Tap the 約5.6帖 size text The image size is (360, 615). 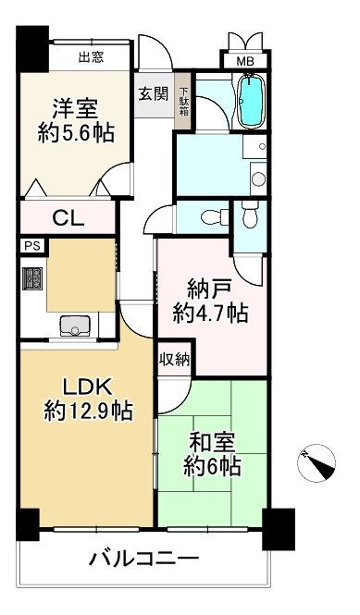tap(78, 133)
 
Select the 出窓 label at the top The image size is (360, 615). tap(90, 57)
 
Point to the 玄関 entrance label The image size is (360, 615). tap(153, 92)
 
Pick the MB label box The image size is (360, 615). tap(244, 62)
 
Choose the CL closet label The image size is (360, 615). tap(68, 219)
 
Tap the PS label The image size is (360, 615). tap(31, 246)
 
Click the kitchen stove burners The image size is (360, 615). tap(33, 278)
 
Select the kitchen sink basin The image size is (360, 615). tap(74, 326)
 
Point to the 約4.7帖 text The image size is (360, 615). tap(210, 314)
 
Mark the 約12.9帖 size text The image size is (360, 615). tap(88, 410)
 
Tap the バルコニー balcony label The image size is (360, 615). tap(144, 560)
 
